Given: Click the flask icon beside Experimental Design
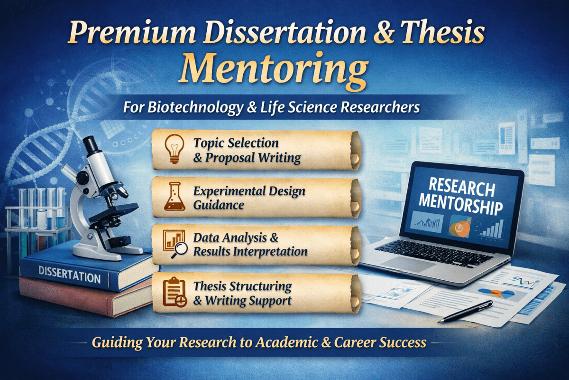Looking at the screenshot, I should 174,198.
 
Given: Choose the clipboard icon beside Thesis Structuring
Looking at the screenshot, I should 174,293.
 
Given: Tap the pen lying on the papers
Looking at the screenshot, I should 469,311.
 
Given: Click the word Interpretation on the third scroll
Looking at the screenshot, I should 268,251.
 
